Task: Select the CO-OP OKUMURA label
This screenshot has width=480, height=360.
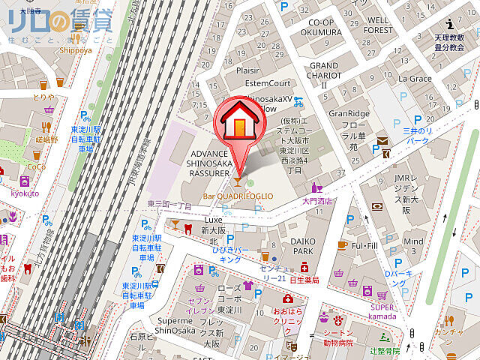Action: tap(320, 28)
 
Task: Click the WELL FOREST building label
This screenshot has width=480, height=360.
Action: tap(379, 25)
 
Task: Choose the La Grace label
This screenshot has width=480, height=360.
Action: tap(415, 78)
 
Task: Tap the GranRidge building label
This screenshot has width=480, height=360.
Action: tap(349, 113)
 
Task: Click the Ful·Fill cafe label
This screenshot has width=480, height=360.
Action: tap(364, 245)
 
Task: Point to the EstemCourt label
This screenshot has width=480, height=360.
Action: tap(267, 83)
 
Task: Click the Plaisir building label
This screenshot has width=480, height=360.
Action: tap(247, 70)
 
